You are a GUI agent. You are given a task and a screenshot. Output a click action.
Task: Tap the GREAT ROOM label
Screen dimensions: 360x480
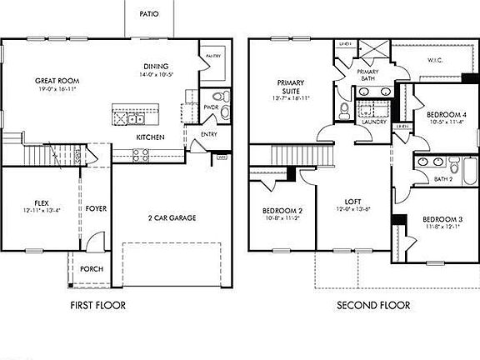[x=55, y=81]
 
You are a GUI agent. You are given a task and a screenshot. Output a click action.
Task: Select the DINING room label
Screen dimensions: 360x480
[x=156, y=67]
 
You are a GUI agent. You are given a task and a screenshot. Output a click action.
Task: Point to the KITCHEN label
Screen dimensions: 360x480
[x=150, y=137]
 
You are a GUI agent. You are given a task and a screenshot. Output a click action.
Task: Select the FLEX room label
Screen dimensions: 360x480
[x=41, y=202]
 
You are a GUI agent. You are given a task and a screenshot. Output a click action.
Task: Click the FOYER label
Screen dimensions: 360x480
[x=96, y=208]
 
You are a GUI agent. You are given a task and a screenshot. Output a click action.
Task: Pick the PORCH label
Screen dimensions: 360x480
[x=92, y=269]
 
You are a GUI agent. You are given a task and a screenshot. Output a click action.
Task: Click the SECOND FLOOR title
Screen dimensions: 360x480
[x=373, y=306]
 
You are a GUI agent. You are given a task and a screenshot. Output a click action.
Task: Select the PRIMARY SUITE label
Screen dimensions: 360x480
[x=291, y=87]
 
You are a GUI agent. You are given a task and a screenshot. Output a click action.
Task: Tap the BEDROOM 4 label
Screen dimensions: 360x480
[x=446, y=114]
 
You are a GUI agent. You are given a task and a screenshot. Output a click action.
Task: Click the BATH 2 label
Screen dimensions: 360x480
[x=442, y=178]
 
